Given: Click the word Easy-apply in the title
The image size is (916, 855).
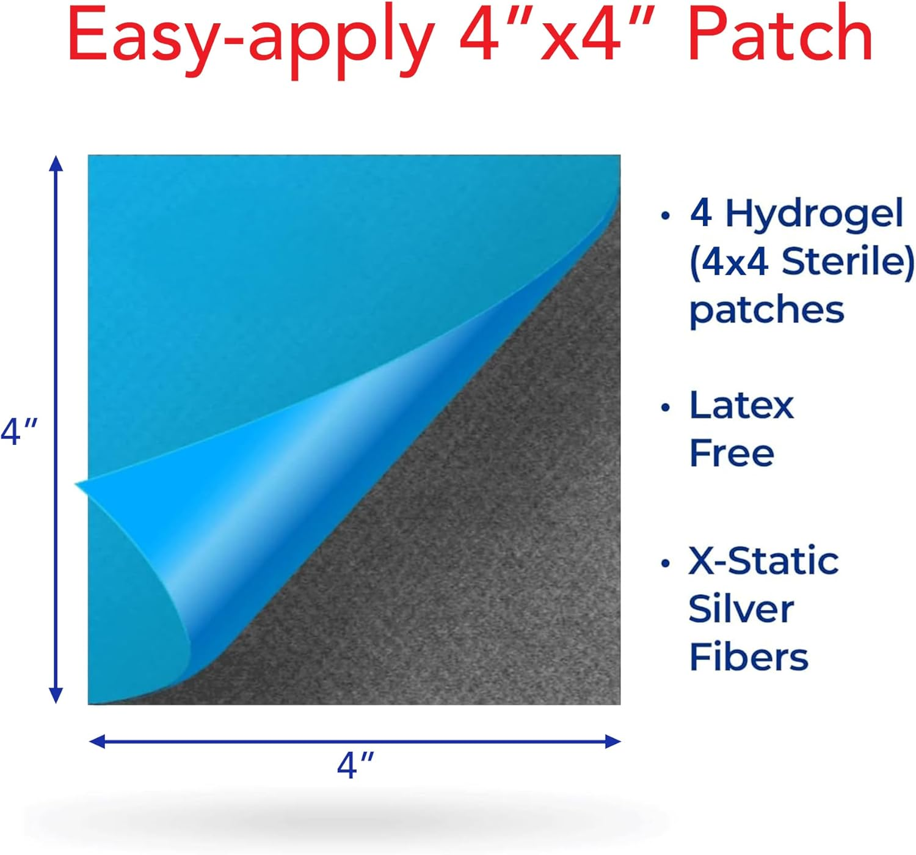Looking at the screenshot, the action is (252, 40).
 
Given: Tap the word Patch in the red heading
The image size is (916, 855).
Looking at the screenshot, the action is (780, 35).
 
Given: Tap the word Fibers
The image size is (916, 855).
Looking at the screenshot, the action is (748, 657).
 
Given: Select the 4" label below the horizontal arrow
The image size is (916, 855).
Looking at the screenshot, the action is (355, 765).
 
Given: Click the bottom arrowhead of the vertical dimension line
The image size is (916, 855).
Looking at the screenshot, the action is (56, 695).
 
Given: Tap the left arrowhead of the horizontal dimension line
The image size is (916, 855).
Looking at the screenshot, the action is (96, 741).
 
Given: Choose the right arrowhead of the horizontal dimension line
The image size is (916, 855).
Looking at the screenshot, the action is (612, 741).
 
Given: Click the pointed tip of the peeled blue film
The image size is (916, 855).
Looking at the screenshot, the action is (76, 483).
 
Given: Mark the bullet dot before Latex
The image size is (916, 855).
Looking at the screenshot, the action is (664, 407).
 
